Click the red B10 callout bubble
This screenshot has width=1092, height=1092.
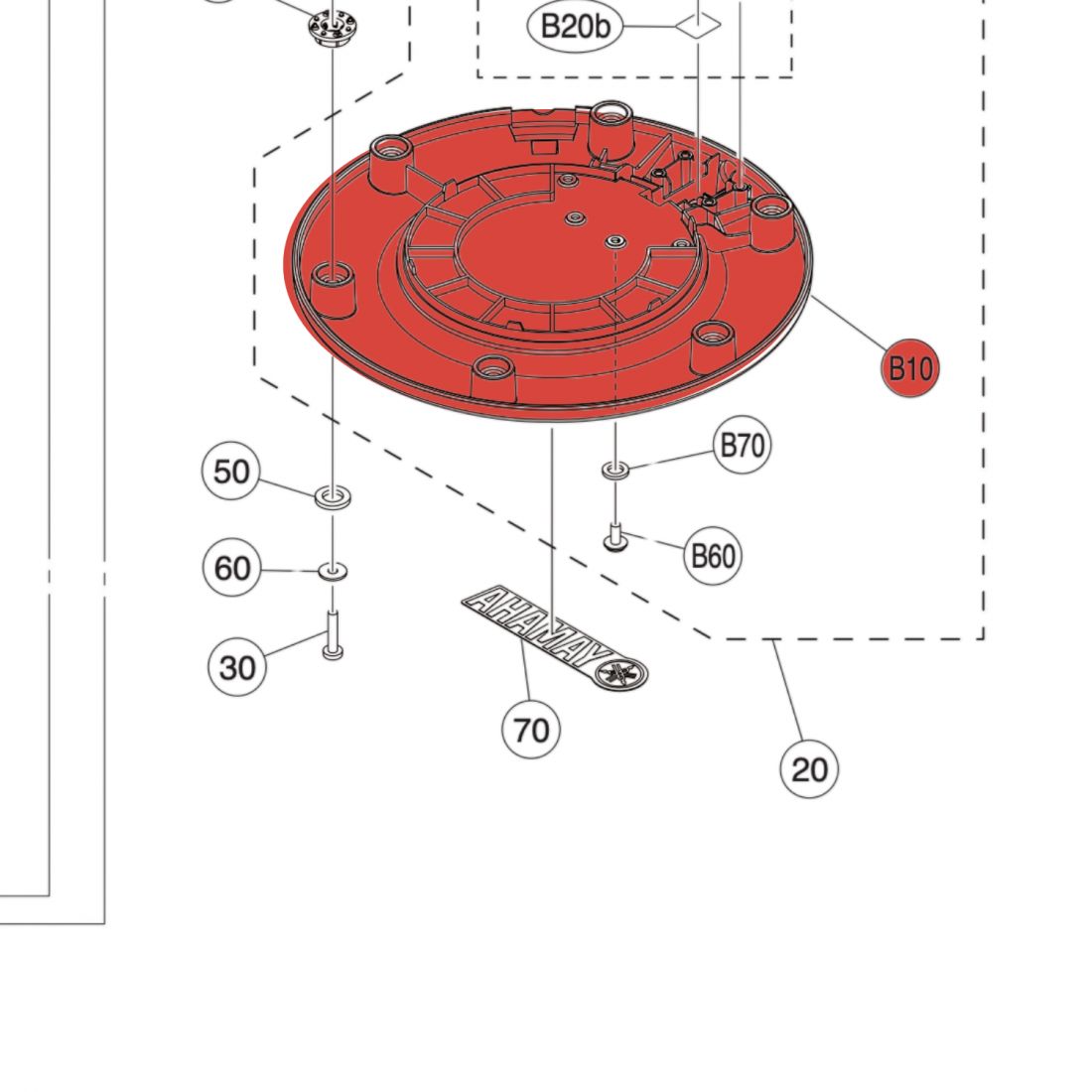(910, 367)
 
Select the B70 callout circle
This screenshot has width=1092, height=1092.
(743, 445)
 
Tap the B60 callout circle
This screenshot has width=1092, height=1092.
(713, 556)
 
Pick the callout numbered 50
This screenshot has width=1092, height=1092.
(231, 472)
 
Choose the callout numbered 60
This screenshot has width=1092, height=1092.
(232, 568)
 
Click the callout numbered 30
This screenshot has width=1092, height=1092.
(237, 667)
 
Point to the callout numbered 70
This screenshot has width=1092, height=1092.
(531, 730)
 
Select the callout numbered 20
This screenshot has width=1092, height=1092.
(809, 768)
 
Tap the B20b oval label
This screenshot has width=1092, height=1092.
(575, 27)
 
